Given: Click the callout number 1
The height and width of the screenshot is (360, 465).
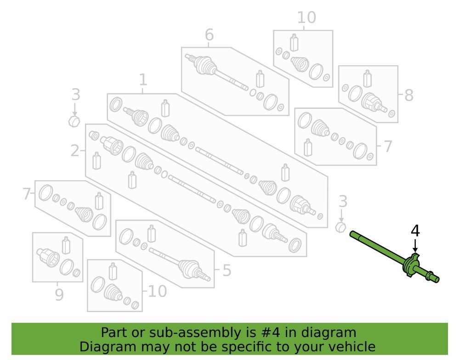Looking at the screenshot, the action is pos(143,80).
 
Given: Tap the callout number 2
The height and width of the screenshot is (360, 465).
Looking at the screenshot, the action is pos(75,151).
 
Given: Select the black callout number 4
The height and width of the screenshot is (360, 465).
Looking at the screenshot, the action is pos(415,231).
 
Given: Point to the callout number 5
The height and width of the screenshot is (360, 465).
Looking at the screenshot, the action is pos(227,270).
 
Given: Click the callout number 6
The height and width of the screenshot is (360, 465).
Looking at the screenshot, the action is pos(209,34).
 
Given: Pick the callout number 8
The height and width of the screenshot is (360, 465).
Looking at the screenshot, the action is pos(409,96).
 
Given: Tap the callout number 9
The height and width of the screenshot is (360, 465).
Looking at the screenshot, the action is pos(59,294).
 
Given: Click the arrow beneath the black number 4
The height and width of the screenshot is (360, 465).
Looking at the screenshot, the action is pos(415,246).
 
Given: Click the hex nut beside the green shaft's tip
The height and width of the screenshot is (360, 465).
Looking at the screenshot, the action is pos(341,227).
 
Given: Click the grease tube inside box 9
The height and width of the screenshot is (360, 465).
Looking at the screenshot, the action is pos(66,245).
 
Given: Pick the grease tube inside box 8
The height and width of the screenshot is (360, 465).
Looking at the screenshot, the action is pos(368,79).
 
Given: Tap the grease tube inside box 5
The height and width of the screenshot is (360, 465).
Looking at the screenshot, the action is pos(152,233).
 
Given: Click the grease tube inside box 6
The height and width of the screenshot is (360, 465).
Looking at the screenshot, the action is pos(260,79).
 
